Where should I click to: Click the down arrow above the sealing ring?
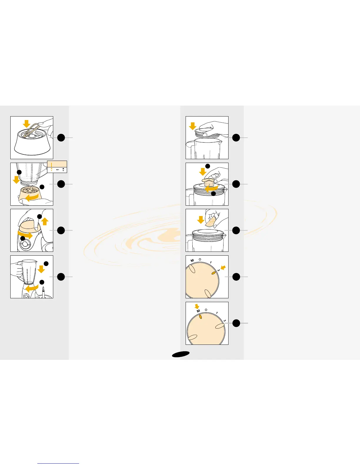tap(27, 124)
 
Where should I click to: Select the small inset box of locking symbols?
tap(57, 167)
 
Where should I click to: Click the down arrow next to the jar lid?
tap(193, 126)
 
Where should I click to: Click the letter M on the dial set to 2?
tap(192, 260)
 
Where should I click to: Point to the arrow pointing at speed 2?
tap(223, 268)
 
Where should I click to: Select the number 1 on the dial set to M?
tap(217, 313)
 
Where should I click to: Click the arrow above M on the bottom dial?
tap(197, 306)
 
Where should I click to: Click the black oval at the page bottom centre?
tap(181, 355)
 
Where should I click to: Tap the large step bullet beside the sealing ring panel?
tap(61, 137)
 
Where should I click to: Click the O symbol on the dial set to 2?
tap(200, 259)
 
